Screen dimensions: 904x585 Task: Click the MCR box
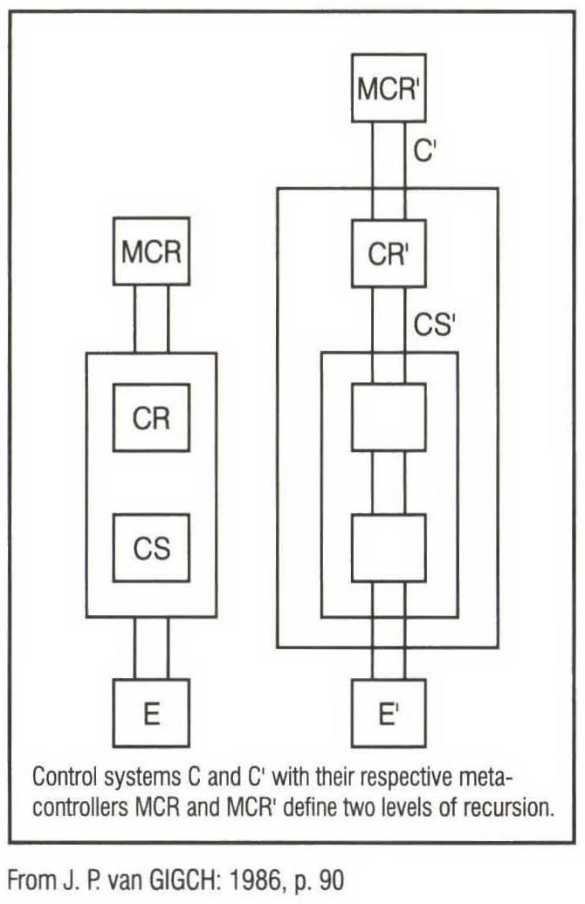(x=151, y=252)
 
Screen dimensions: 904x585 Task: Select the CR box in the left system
(x=151, y=418)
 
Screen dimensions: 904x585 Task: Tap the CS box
(x=151, y=549)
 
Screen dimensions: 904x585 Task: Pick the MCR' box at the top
(x=388, y=88)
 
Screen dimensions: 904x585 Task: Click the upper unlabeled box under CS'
(x=388, y=418)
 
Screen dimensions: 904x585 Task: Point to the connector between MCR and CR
(x=151, y=319)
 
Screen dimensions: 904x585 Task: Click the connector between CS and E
(x=151, y=647)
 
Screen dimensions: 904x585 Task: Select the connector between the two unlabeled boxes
(x=388, y=483)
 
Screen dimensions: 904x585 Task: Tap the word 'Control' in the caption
(x=58, y=775)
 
